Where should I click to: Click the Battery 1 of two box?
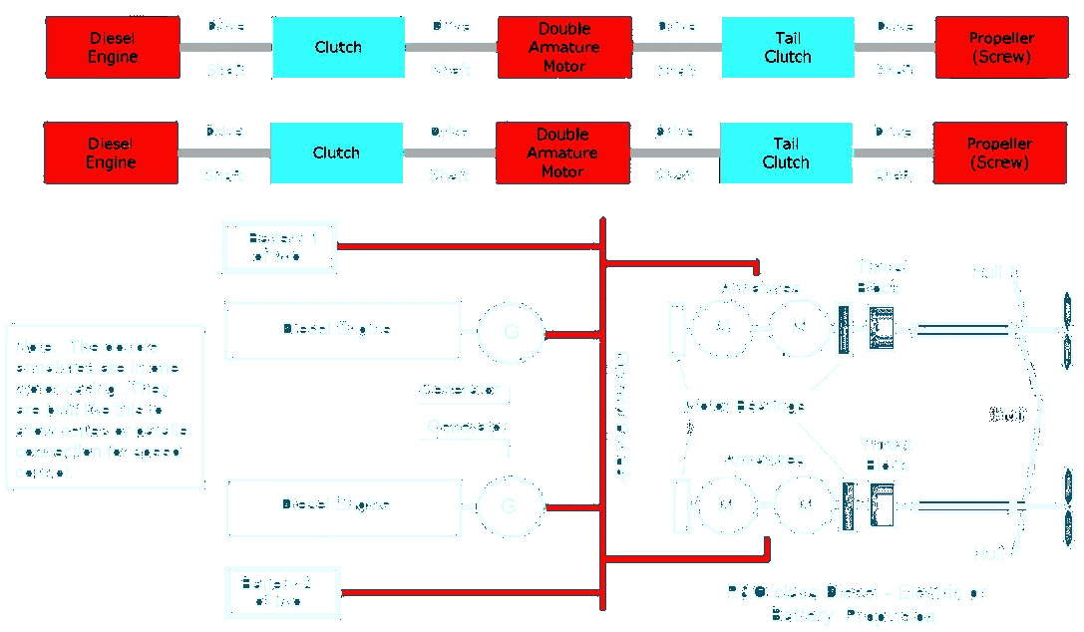click(279, 246)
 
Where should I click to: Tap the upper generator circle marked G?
click(512, 331)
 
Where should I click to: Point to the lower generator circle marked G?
click(510, 505)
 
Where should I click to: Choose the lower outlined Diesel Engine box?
click(337, 506)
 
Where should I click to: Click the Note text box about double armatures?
click(104, 407)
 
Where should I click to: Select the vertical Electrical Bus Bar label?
click(619, 417)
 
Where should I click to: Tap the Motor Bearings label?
click(744, 406)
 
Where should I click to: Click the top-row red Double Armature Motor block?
click(564, 47)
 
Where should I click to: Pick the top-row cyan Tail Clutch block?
click(788, 47)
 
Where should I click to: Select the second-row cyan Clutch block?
click(336, 153)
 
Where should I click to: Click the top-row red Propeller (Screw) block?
click(1001, 47)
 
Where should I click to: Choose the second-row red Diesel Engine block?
click(111, 153)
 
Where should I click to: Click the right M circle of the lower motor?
click(804, 504)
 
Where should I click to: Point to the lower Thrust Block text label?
click(886, 455)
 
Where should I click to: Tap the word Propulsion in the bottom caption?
click(886, 615)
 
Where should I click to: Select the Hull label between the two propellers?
click(1008, 415)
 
